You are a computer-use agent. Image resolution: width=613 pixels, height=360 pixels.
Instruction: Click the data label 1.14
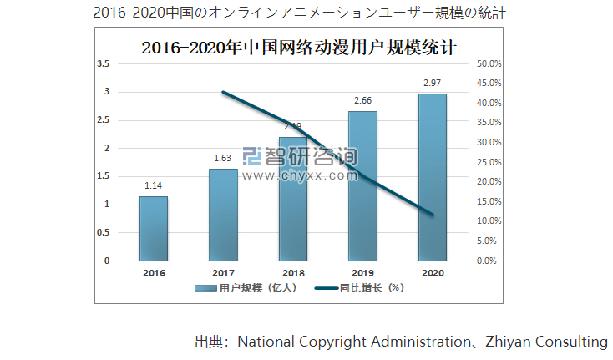[153, 185]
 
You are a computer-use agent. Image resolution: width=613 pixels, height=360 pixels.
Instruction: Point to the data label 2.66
[362, 100]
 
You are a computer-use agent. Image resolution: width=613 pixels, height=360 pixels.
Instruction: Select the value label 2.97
[433, 83]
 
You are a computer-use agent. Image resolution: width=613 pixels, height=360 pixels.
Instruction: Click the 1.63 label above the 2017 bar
[223, 158]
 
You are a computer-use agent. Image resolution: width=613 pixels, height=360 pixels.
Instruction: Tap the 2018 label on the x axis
[293, 272]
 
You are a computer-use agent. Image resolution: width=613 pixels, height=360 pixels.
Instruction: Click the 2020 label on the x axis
[433, 272]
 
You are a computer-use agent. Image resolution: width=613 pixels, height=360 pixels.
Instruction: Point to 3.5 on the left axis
[104, 63]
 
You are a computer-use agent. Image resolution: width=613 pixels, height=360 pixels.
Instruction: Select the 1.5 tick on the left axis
[104, 176]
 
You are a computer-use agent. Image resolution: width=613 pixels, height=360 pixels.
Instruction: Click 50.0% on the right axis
[488, 63]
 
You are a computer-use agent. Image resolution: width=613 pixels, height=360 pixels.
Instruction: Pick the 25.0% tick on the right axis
[488, 162]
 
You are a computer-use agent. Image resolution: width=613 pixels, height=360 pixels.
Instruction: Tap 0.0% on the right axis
[488, 261]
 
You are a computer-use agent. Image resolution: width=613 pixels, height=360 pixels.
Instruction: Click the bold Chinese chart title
[299, 46]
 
